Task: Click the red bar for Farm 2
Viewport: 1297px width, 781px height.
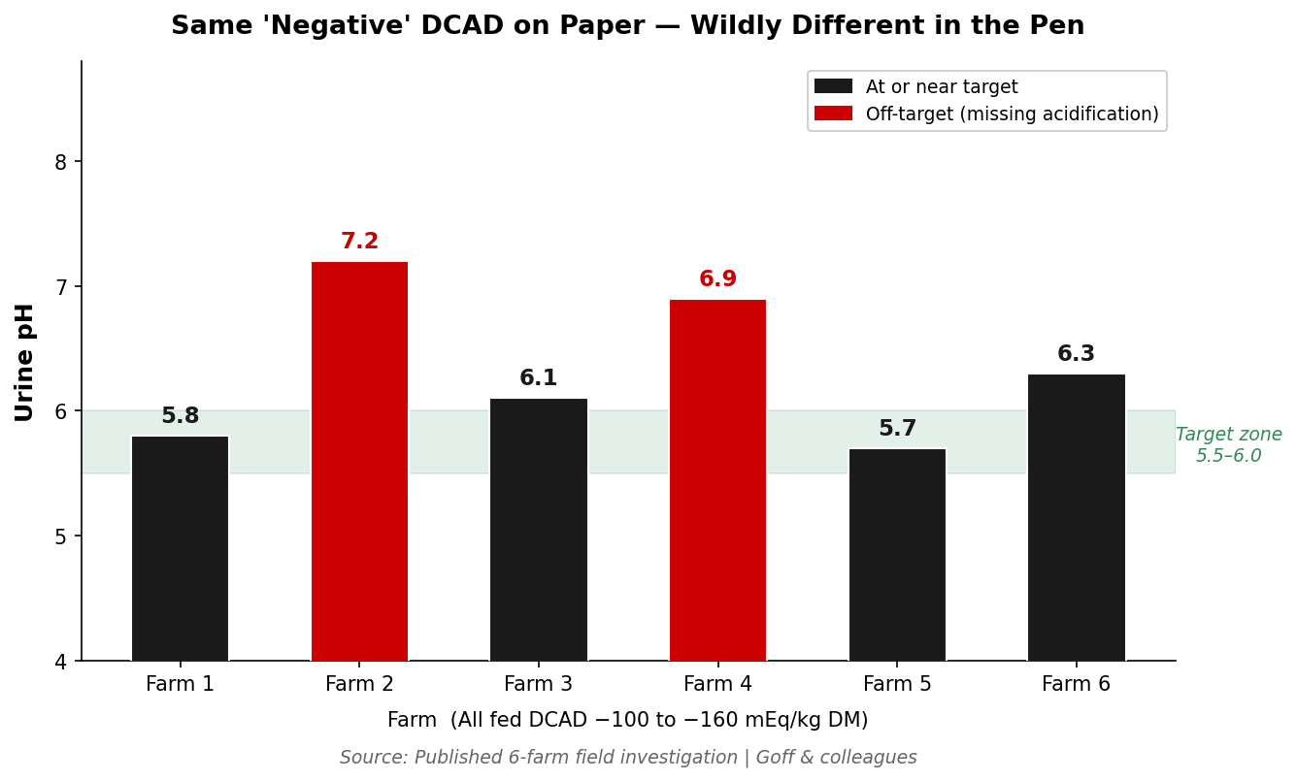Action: (359, 461)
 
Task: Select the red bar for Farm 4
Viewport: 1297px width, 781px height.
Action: (717, 480)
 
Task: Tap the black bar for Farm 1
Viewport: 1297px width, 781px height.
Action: (180, 548)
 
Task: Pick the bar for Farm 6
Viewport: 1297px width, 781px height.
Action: (1076, 517)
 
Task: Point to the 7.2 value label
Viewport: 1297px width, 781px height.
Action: (359, 242)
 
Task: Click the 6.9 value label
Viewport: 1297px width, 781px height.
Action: (717, 279)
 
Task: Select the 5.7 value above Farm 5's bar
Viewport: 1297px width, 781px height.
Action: (897, 429)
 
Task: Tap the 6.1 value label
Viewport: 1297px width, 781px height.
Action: (538, 378)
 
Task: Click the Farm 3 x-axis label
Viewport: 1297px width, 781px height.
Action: (538, 684)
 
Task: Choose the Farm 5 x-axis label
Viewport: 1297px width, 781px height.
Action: (897, 684)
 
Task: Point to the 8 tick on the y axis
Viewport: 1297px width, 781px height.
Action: (60, 162)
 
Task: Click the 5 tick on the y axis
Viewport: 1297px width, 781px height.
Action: (60, 537)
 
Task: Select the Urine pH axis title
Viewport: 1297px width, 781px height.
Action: (25, 362)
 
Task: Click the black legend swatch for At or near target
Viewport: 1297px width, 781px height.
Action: (833, 86)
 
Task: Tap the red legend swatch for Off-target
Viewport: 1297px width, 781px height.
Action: (833, 114)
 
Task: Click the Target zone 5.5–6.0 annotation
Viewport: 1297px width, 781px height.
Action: (1228, 445)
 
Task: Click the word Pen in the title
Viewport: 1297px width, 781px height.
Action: (1058, 26)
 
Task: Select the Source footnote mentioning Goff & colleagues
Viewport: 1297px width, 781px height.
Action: (628, 758)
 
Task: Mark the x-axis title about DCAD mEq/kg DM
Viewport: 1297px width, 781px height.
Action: (628, 720)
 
